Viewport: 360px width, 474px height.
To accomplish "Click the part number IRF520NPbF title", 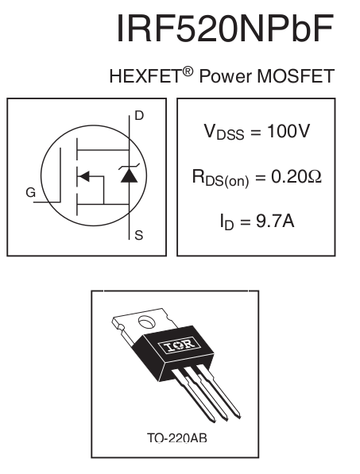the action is click(226, 28).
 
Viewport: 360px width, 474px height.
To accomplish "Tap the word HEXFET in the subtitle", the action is click(145, 76).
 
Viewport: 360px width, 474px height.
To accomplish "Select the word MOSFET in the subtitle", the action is click(296, 76).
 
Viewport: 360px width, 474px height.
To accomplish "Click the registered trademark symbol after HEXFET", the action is click(188, 71).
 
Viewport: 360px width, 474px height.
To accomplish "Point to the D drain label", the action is click(139, 115).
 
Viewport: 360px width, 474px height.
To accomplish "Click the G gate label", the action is click(30, 193).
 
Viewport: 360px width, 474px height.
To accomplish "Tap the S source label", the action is click(139, 235).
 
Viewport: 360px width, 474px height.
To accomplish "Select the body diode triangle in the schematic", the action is click(130, 175).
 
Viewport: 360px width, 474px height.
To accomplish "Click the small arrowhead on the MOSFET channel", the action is click(83, 176).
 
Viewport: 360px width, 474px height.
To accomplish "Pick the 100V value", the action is click(288, 131).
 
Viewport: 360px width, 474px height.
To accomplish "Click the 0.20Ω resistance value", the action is click(296, 176).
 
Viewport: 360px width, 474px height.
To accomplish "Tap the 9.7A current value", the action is click(275, 221).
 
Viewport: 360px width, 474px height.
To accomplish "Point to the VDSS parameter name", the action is click(224, 133).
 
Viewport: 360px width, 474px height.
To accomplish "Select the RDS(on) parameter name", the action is click(221, 179).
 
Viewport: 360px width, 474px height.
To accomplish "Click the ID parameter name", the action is click(227, 222).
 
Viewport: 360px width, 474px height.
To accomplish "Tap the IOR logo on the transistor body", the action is click(179, 345).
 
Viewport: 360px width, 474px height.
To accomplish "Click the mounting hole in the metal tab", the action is click(147, 322).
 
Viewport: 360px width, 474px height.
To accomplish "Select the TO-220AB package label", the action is click(177, 438).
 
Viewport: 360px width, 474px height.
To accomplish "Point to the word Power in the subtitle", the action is click(226, 76).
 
